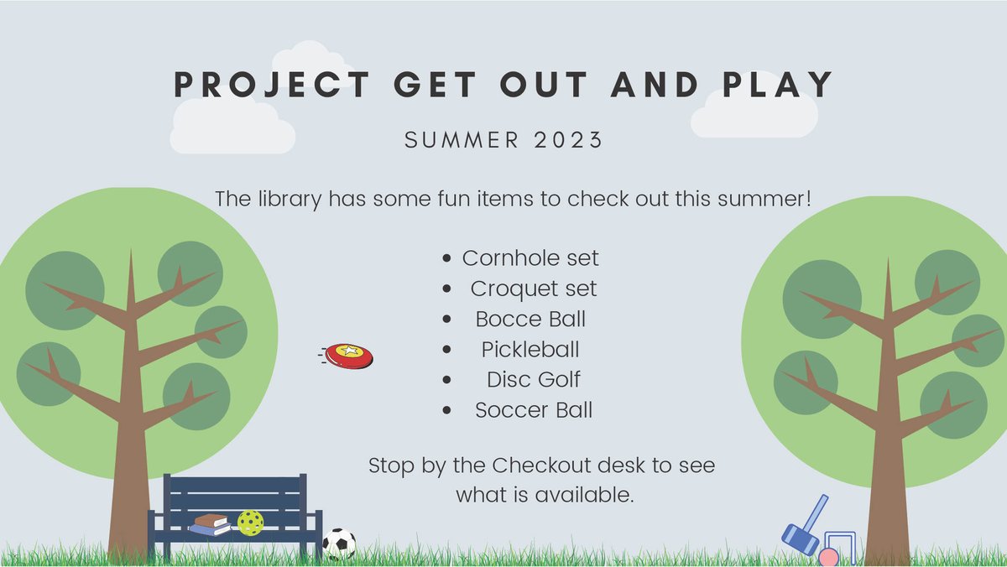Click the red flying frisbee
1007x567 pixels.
pos(349,356)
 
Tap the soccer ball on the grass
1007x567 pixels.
pos(339,544)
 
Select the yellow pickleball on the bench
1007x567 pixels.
pos(250,523)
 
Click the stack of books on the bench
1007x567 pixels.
pos(211,524)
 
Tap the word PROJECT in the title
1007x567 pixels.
pos(271,85)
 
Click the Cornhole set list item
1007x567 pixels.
pos(530,257)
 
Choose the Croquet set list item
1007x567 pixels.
pos(534,289)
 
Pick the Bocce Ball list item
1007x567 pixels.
pos(530,319)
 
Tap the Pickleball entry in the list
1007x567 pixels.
pos(530,349)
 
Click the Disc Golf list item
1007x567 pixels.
pos(534,379)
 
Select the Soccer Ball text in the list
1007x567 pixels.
pos(534,410)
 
